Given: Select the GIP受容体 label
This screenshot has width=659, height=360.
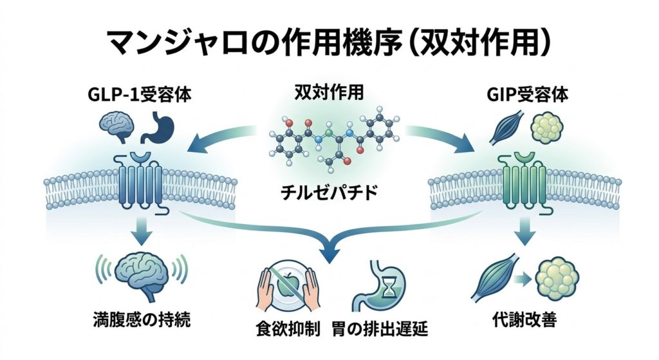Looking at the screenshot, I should (521, 95).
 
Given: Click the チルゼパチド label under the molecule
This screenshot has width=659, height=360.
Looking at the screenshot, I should (328, 193).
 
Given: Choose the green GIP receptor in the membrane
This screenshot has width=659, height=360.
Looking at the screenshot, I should (520, 180).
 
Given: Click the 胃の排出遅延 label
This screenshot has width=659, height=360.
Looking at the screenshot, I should (379, 332).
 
